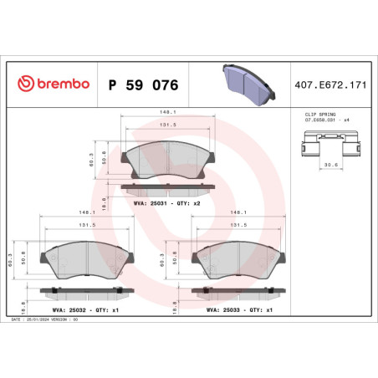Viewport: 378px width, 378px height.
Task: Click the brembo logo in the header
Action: click(x=52, y=84)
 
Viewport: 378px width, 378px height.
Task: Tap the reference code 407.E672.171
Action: click(x=324, y=84)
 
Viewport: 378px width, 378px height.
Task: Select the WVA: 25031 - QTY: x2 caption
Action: click(x=166, y=202)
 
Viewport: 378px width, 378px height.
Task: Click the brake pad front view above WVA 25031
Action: click(x=166, y=159)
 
